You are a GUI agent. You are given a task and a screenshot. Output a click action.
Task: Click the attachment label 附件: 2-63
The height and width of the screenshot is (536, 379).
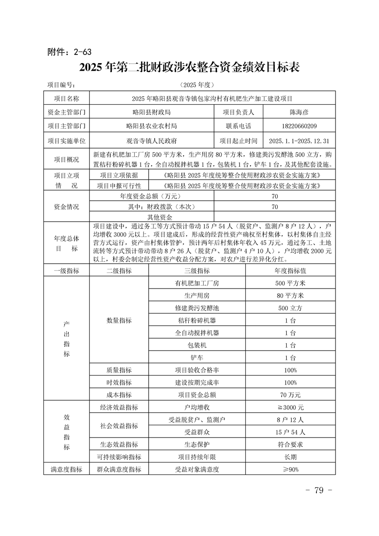(69, 52)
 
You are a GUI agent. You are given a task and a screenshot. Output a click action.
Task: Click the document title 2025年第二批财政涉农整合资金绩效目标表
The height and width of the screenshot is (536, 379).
(189, 67)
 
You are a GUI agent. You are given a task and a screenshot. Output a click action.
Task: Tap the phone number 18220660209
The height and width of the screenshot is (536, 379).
(296, 126)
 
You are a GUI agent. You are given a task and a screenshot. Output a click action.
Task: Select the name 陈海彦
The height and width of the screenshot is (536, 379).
(296, 112)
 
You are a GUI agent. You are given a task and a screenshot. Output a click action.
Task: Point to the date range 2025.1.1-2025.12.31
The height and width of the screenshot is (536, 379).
(299, 141)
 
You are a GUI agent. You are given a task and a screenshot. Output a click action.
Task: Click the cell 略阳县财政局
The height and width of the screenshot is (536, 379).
(152, 112)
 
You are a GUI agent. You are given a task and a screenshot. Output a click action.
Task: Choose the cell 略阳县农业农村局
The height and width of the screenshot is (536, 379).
(152, 126)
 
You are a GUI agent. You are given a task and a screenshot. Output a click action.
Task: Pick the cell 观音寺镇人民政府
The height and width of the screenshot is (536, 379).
(152, 141)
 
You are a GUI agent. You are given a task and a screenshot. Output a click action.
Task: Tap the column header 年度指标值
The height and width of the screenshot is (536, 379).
(290, 271)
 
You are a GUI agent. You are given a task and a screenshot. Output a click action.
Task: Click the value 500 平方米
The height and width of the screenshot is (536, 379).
(290, 283)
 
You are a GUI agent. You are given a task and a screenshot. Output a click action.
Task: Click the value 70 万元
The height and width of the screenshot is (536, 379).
(290, 395)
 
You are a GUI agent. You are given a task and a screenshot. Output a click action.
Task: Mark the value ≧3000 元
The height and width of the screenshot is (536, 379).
(290, 407)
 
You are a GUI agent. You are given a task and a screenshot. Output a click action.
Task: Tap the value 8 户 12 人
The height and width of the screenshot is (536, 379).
(290, 420)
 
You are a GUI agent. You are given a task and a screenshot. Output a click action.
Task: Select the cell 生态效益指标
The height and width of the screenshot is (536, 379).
(119, 444)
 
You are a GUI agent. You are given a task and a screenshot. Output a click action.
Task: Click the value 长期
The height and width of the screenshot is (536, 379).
(290, 457)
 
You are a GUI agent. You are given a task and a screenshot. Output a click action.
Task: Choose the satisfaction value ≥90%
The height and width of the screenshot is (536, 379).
(290, 469)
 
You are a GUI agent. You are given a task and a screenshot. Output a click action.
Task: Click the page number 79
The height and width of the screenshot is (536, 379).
(318, 491)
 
